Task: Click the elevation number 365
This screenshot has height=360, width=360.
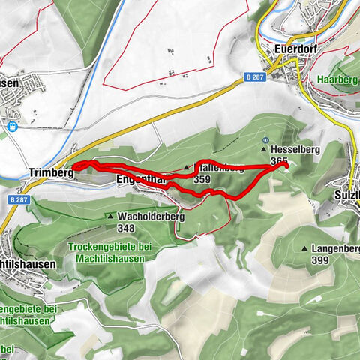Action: [x=279, y=161]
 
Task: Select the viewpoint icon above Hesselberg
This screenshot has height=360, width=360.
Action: [x=265, y=139]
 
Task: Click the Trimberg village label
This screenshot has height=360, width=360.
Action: [x=49, y=172]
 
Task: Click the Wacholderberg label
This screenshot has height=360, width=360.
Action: [x=151, y=217]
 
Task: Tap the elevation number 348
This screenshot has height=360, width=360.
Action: [x=125, y=228]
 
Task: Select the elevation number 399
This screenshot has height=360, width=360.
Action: [x=319, y=259]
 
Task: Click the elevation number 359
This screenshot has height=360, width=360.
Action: [x=202, y=180]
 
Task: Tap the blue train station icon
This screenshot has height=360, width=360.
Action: [x=13, y=127]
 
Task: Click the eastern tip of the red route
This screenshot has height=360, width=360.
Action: [x=286, y=166]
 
